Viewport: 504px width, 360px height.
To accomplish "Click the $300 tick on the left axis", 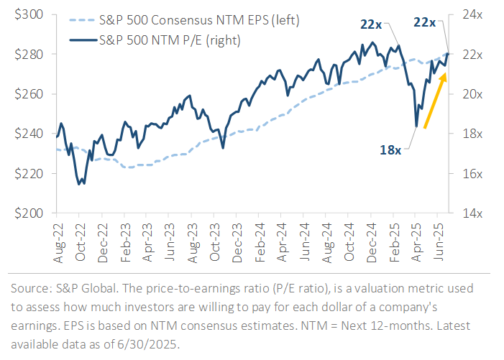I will (x=27, y=14).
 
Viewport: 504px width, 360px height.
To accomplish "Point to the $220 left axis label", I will (x=27, y=173).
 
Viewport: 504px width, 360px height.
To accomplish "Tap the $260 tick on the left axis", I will (x=27, y=94).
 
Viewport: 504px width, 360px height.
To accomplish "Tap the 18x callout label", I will (x=392, y=149).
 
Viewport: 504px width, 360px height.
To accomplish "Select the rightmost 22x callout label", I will (x=425, y=24).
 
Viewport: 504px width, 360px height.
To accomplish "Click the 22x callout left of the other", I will (x=371, y=24).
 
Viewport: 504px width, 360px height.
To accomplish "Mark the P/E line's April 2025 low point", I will (x=416, y=127).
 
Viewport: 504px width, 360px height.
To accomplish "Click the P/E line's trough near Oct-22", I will (x=79, y=184).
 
